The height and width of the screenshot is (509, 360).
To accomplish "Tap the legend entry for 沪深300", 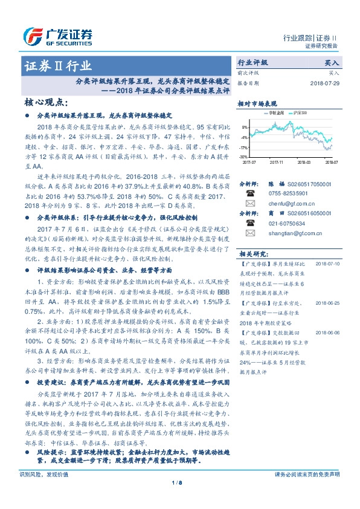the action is tap(300, 114).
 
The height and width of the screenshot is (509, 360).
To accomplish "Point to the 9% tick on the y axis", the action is tap(244, 128).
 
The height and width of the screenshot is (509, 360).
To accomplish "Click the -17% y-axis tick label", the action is tap(243, 148).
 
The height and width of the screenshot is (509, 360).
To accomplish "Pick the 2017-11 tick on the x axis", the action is tap(277, 162).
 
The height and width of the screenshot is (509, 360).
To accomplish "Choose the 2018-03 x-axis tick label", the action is tap(304, 162).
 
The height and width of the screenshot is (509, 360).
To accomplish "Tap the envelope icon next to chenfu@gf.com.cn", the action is tap(249, 204).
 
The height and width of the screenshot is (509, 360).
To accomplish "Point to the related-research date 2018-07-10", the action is tap(328, 264).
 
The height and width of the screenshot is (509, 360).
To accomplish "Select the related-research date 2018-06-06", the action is tap(328, 332).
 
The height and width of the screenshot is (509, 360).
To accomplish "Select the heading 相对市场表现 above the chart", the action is tap(262, 103).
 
